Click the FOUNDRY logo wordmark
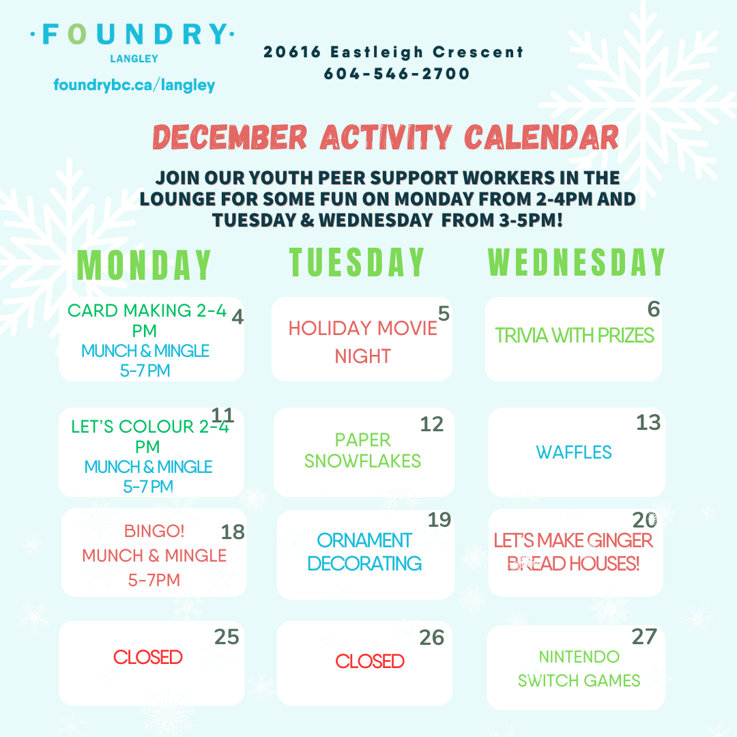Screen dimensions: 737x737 (x=132, y=34)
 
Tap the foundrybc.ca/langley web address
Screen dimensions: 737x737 (x=134, y=85)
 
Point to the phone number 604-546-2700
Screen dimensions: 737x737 (x=396, y=73)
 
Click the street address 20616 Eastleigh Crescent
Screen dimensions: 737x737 (x=394, y=52)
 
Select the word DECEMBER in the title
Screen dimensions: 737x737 (x=230, y=137)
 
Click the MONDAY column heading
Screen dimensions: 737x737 (x=144, y=265)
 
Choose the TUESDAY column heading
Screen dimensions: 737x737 (x=357, y=262)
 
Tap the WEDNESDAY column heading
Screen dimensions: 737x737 (x=577, y=262)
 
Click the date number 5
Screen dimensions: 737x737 (x=444, y=313)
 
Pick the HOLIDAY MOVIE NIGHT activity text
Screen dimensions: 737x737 (x=363, y=342)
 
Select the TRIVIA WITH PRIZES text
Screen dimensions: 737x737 (x=575, y=336)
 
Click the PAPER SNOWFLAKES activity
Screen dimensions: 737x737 (x=362, y=450)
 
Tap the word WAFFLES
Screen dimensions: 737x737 (x=574, y=452)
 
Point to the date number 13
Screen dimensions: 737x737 (x=648, y=422)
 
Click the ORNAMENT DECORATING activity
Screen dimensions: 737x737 (x=364, y=552)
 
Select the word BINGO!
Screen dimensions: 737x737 (x=154, y=531)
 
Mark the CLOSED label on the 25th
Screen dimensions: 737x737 (x=148, y=657)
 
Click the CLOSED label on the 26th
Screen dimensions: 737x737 (x=370, y=661)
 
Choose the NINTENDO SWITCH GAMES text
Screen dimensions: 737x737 (x=579, y=668)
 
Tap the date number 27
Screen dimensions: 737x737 (x=644, y=637)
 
